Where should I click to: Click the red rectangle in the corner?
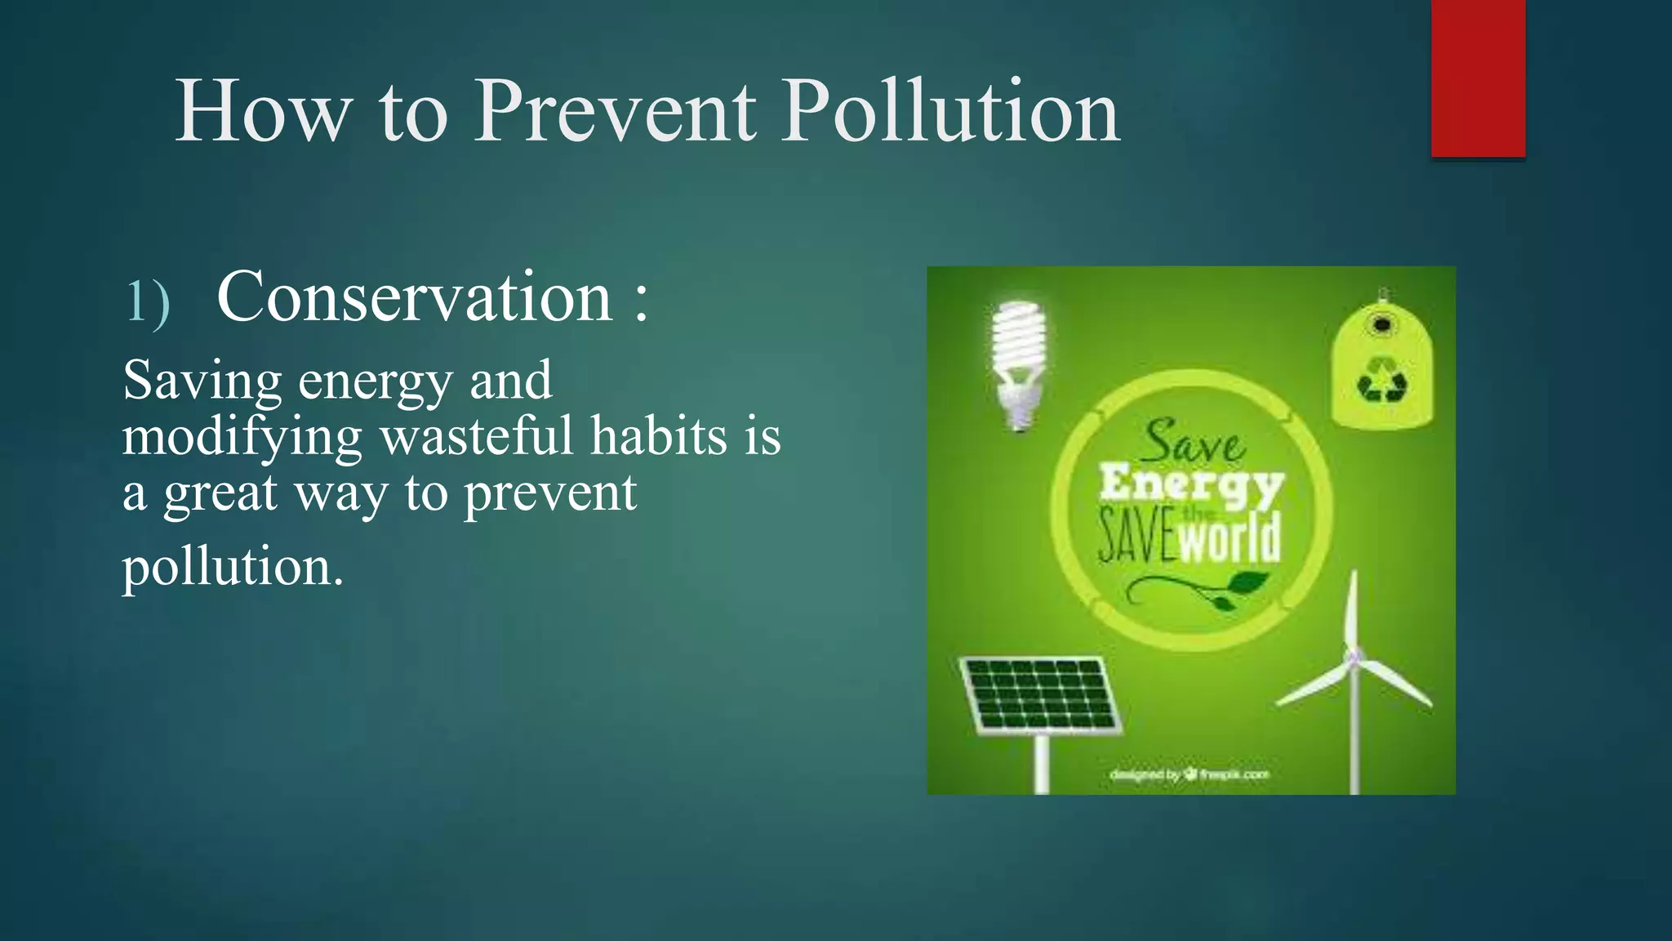click(x=1478, y=78)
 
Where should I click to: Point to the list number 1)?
click(x=148, y=302)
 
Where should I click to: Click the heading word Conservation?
click(x=415, y=297)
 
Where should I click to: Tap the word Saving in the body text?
click(x=202, y=381)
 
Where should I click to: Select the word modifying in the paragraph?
click(x=242, y=438)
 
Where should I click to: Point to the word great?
click(x=220, y=494)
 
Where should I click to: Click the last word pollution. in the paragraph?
click(x=233, y=565)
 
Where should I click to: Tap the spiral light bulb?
click(x=1018, y=359)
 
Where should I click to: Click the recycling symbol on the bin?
click(x=1382, y=379)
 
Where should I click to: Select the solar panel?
click(x=1039, y=694)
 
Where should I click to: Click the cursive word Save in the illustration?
click(x=1192, y=444)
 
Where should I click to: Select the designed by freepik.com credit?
click(x=1190, y=774)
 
